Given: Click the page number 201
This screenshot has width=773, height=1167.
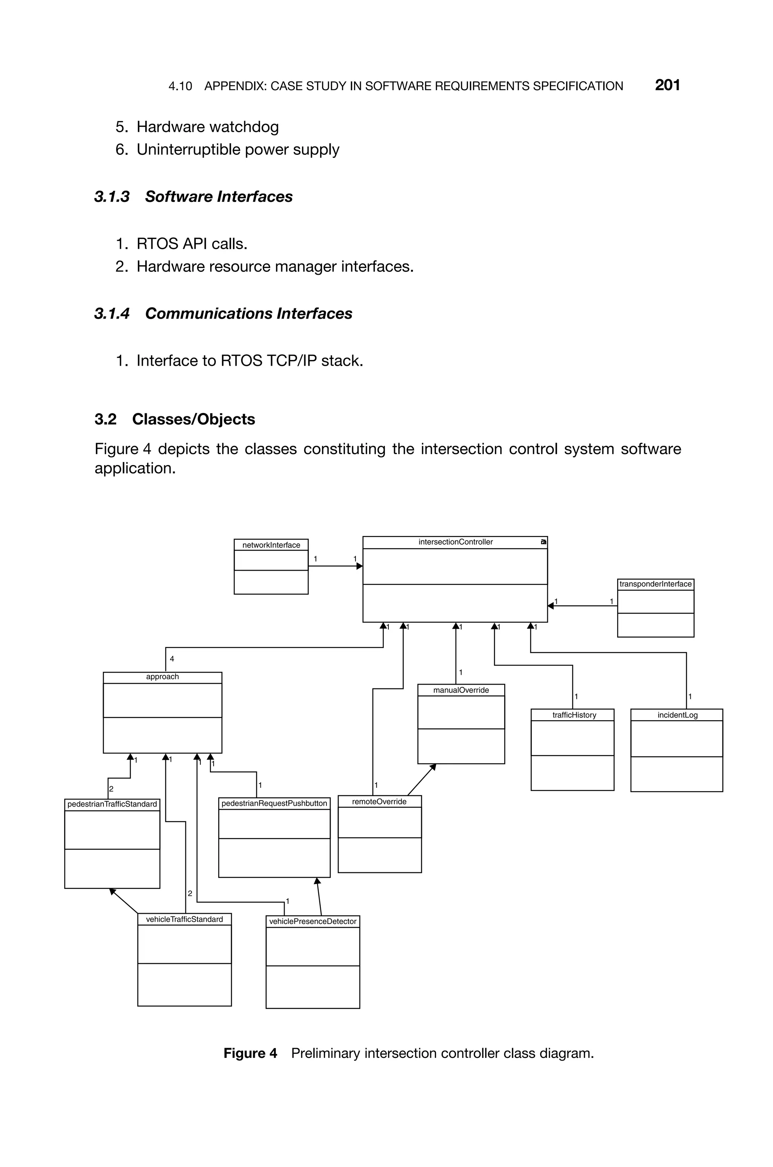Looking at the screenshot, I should click(667, 85).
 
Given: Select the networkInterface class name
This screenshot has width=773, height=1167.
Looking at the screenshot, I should click(271, 545).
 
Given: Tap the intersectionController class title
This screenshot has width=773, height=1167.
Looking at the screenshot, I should click(455, 542).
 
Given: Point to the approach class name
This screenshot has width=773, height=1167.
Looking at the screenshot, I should click(162, 677).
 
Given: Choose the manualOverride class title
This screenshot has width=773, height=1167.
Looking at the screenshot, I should click(461, 690).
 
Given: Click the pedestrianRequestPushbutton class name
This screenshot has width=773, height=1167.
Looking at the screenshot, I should click(274, 803).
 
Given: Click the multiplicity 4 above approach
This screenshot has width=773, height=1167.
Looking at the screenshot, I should click(172, 659).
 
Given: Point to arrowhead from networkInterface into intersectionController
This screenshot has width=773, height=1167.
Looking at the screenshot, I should click(360, 566).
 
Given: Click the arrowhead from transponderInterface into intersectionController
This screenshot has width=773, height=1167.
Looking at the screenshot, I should click(551, 606).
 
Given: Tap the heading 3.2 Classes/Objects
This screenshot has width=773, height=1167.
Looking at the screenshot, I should click(174, 419).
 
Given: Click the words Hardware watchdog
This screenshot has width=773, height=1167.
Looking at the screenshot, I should click(207, 127).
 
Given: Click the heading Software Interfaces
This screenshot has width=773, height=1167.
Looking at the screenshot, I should click(219, 197).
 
